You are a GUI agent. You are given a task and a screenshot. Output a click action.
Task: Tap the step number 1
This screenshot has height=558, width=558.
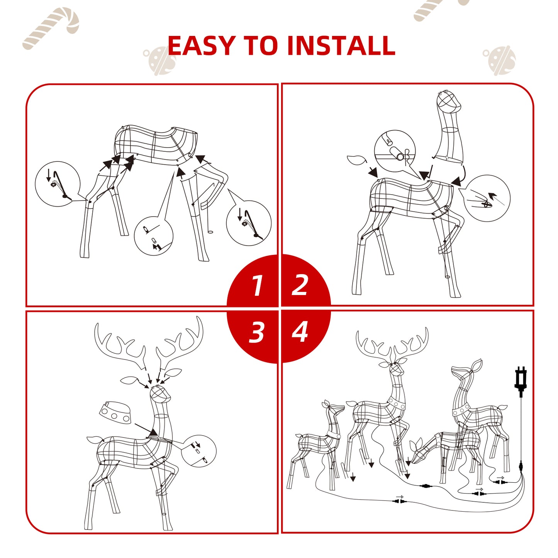pyautogui.click(x=257, y=286)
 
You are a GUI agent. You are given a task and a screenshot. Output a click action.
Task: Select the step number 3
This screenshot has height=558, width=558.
pyautogui.click(x=257, y=332)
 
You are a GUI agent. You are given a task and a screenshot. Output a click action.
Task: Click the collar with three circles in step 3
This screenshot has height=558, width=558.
pyautogui.click(x=115, y=412)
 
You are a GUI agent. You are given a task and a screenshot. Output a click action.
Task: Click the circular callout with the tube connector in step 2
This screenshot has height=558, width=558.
pyautogui.click(x=395, y=151)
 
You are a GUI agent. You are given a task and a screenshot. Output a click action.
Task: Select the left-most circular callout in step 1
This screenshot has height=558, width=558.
pyautogui.click(x=58, y=184)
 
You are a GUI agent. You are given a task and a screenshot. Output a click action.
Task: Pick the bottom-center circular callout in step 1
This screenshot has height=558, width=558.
pyautogui.click(x=153, y=236)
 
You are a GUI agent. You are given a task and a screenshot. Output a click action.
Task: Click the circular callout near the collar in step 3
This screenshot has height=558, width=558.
pyautogui.click(x=198, y=451)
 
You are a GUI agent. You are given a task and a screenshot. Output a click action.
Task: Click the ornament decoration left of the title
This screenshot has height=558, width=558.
pyautogui.click(x=160, y=60)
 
